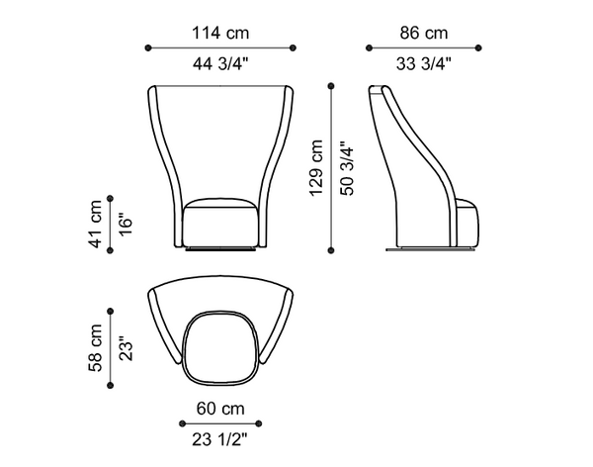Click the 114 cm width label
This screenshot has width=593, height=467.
pyautogui.click(x=220, y=33)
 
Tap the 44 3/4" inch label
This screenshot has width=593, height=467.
pyautogui.click(x=220, y=63)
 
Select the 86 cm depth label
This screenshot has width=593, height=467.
pyautogui.click(x=424, y=33)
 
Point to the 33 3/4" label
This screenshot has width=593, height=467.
pyautogui.click(x=424, y=63)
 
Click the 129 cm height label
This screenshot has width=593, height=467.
pyautogui.click(x=316, y=168)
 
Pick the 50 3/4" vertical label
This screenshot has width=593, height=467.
pyautogui.click(x=347, y=168)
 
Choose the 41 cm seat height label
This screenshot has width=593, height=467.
pyautogui.click(x=95, y=224)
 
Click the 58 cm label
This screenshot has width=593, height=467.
pyautogui.click(x=95, y=347)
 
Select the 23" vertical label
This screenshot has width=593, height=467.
pyautogui.click(x=126, y=348)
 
